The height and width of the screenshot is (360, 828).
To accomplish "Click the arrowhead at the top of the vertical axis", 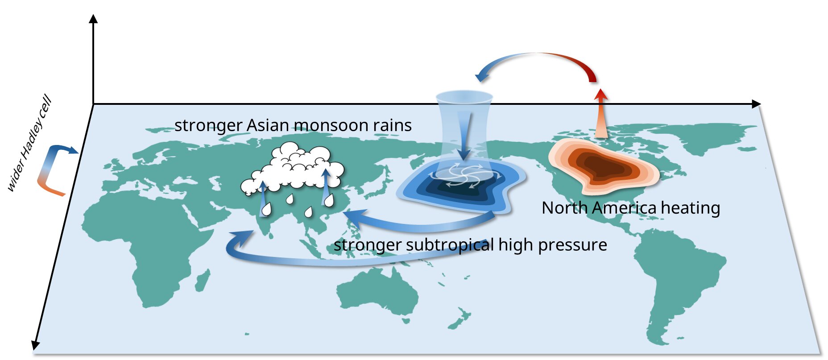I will (93, 18).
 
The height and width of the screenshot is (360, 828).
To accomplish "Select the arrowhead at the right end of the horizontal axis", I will (756, 104).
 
